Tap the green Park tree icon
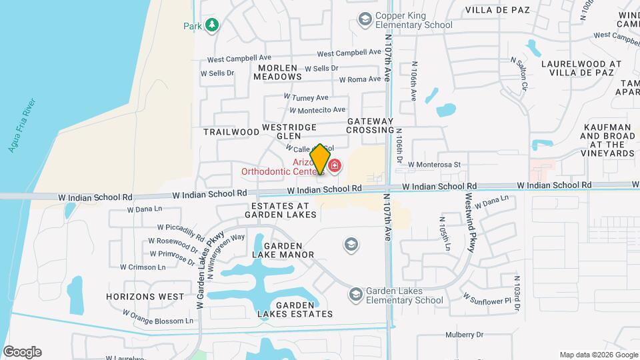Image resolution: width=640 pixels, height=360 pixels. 212,25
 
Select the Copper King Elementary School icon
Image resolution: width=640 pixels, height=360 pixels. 365,19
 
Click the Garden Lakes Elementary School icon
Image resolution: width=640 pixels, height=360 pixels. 356,294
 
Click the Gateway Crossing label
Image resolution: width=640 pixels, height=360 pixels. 371,125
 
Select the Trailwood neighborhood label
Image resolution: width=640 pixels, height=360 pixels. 231,132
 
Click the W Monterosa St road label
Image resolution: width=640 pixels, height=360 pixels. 435,164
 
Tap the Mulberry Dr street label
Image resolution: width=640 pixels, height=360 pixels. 464,335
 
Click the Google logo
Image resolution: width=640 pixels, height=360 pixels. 21,351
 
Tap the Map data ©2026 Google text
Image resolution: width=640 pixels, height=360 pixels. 598,355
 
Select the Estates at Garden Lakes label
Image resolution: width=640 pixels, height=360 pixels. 280,209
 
